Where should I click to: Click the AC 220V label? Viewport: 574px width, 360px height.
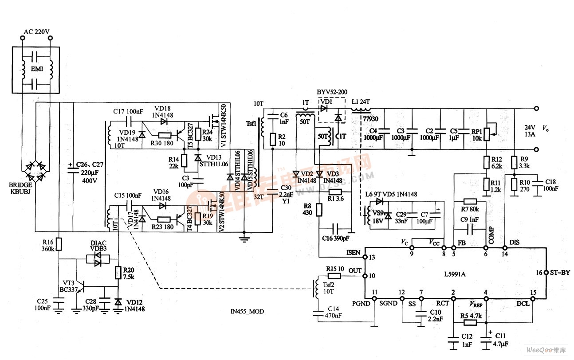pyautogui.click(x=36, y=32)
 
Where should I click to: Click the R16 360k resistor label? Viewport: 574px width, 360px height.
pyautogui.click(x=47, y=245)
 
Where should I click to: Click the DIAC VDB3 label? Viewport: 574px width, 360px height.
pyautogui.click(x=98, y=246)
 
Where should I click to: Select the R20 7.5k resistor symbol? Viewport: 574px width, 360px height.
pyautogui.click(x=118, y=272)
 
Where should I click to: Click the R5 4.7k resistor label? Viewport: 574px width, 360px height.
pyautogui.click(x=471, y=315)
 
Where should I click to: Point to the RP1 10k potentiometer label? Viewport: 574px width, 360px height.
pyautogui.click(x=477, y=134)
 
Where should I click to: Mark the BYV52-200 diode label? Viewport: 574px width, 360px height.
pyautogui.click(x=331, y=92)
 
